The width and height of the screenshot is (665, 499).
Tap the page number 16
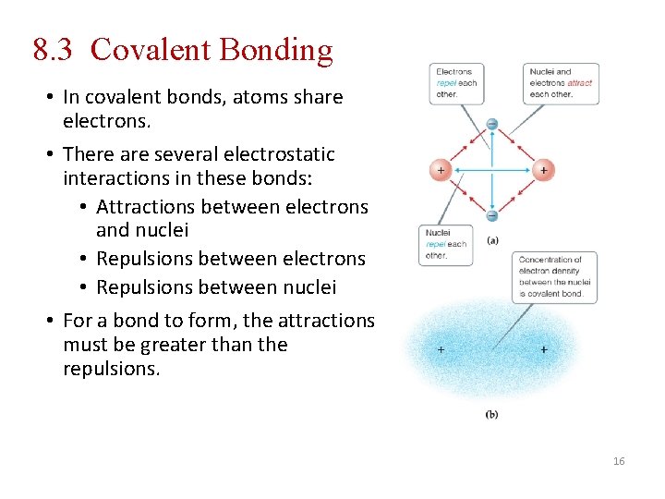click(619, 461)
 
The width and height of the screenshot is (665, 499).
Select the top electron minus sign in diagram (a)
click(491, 124)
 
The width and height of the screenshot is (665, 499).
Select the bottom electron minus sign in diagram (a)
click(491, 216)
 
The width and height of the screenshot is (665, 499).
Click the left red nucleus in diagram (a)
click(440, 170)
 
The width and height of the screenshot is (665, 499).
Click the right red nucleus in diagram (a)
click(543, 170)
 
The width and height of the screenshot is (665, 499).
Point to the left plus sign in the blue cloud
click(440, 350)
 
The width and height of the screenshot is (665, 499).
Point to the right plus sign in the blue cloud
click(544, 350)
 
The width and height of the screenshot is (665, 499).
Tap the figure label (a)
click(493, 239)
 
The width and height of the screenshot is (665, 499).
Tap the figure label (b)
click(491, 415)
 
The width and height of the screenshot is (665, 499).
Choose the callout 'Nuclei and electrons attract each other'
click(562, 83)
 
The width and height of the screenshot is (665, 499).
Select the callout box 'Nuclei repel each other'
click(445, 245)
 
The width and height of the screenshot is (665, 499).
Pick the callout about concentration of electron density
click(554, 276)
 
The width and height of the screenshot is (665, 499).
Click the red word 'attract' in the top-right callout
click(580, 83)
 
